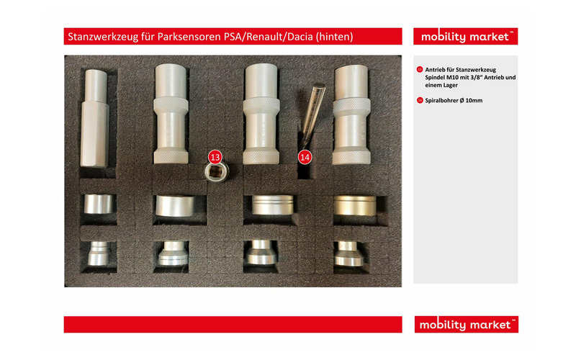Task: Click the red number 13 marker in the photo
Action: [x=215, y=158]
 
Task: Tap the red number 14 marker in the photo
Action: [x=305, y=158]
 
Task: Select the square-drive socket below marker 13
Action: [x=217, y=172]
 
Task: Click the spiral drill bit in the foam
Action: [x=312, y=114]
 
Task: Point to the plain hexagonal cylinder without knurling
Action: [x=95, y=118]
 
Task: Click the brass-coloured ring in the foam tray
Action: [x=355, y=206]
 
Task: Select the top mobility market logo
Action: [x=465, y=37]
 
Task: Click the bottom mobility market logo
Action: [x=466, y=325]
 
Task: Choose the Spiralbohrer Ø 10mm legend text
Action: [x=454, y=100]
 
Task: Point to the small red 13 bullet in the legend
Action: [x=420, y=69]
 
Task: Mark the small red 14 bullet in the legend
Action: [x=420, y=100]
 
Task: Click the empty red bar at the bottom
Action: [x=233, y=325]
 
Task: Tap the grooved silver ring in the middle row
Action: [x=273, y=204]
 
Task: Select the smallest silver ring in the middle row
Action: [x=99, y=204]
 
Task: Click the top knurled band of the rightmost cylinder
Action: [x=351, y=105]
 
